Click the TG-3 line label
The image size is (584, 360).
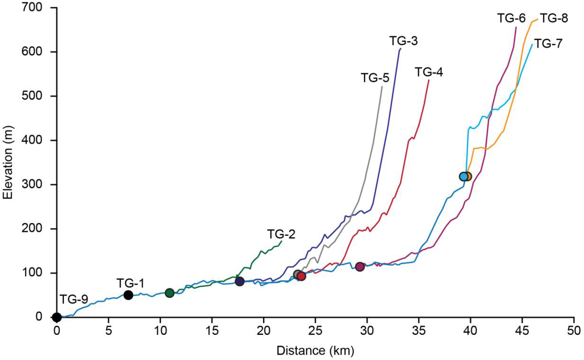point(403,41)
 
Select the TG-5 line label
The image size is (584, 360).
point(375,78)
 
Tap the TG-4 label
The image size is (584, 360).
point(429,72)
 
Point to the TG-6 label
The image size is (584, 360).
point(511,18)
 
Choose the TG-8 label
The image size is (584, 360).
point(554,18)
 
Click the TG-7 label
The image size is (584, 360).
point(548,44)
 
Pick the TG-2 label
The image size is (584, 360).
point(281,234)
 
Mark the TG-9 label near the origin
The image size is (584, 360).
point(74,299)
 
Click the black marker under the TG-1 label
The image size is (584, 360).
point(128,295)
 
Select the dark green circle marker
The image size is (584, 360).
point(169,293)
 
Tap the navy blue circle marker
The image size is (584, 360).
point(240,282)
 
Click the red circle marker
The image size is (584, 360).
point(301,276)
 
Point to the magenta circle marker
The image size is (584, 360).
point(360,267)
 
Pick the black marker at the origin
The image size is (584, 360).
point(57,318)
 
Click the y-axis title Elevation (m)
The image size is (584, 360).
point(8,162)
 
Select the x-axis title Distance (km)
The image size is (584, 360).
point(315,351)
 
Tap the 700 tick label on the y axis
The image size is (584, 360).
point(32,7)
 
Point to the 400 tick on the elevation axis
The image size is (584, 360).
point(32,140)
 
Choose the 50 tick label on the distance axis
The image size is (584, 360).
point(574,331)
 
